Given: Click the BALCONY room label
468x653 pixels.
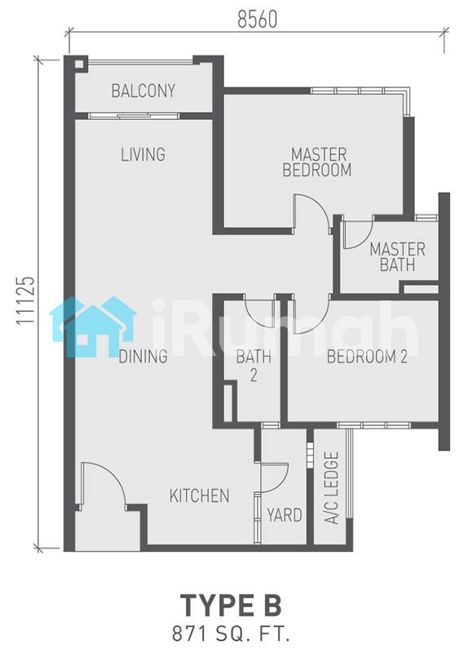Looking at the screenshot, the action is point(143,91).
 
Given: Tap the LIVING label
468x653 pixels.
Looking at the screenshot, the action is point(143,154).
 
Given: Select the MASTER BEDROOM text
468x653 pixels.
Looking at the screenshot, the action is point(317,162).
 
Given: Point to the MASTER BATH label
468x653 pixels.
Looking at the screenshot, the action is point(397,257).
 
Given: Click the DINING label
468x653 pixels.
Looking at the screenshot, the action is point(143,357).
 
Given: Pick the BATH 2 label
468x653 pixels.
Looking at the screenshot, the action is point(254,366).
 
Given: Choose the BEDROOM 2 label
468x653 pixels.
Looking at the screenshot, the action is point(367,357).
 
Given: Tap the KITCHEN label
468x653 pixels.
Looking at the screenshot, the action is point(199,495).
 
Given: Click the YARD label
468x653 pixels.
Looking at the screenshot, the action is point(285,515).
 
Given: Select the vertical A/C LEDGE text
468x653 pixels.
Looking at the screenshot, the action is point(332,487).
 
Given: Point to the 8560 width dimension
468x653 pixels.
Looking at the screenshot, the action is point(257,19).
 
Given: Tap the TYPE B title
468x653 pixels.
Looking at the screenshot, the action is point(231,605).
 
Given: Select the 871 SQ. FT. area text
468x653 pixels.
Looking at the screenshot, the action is point(231,635).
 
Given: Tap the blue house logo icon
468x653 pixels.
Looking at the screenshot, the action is point(93,326).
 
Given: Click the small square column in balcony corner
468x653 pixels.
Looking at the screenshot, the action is point(79,64).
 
